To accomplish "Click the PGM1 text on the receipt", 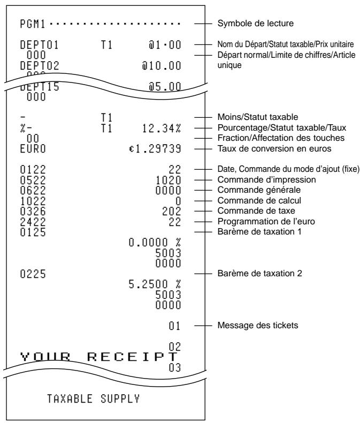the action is coord(33,24).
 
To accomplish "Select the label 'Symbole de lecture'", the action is coord(256,23).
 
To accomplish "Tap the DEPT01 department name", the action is coord(40,45).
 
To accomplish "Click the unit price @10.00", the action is coord(162,66).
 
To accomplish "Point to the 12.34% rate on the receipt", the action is coord(162,129).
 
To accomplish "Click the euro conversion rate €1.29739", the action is coord(155,149).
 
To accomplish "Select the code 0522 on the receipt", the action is coord(33,180).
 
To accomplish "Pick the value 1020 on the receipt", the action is coord(168,180).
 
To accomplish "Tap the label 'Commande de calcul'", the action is coord(259,200).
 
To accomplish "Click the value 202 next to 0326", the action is coord(171,211).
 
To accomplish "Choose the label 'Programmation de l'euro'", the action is coord(266,222).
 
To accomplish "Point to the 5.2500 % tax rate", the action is coord(155,284).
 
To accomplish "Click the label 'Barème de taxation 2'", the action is coord(260,274).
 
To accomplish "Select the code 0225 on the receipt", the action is coord(33,274).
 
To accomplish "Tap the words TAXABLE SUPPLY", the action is coord(94,399).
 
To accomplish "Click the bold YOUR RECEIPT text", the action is coord(98,357).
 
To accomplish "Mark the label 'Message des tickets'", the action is coord(258,326).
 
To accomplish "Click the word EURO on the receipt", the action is coord(33,149).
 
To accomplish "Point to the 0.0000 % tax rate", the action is coord(155,243).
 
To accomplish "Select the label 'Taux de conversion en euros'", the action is coord(274,149).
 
